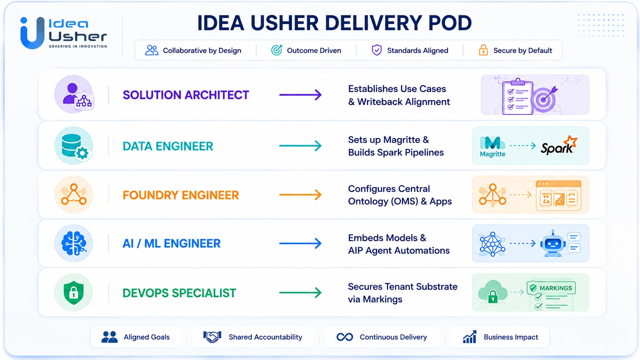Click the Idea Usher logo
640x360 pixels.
click(64, 33)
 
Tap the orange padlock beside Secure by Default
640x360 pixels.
click(483, 50)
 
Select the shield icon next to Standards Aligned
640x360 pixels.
click(377, 50)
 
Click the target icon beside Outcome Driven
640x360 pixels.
click(277, 50)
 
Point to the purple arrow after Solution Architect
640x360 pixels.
click(300, 95)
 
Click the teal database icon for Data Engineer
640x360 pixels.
click(74, 146)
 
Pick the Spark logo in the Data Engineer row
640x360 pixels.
click(559, 146)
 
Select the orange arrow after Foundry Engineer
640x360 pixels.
click(300, 195)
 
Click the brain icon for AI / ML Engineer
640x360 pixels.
click(74, 243)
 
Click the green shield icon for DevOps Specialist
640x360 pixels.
click(74, 292)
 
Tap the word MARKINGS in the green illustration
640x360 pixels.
click(555, 288)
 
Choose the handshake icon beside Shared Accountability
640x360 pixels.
click(212, 337)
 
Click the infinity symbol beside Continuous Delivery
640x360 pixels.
click(344, 337)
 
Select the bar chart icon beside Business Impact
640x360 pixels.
click(470, 337)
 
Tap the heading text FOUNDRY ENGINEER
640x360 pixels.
click(181, 195)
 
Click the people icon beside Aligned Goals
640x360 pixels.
click(109, 337)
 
